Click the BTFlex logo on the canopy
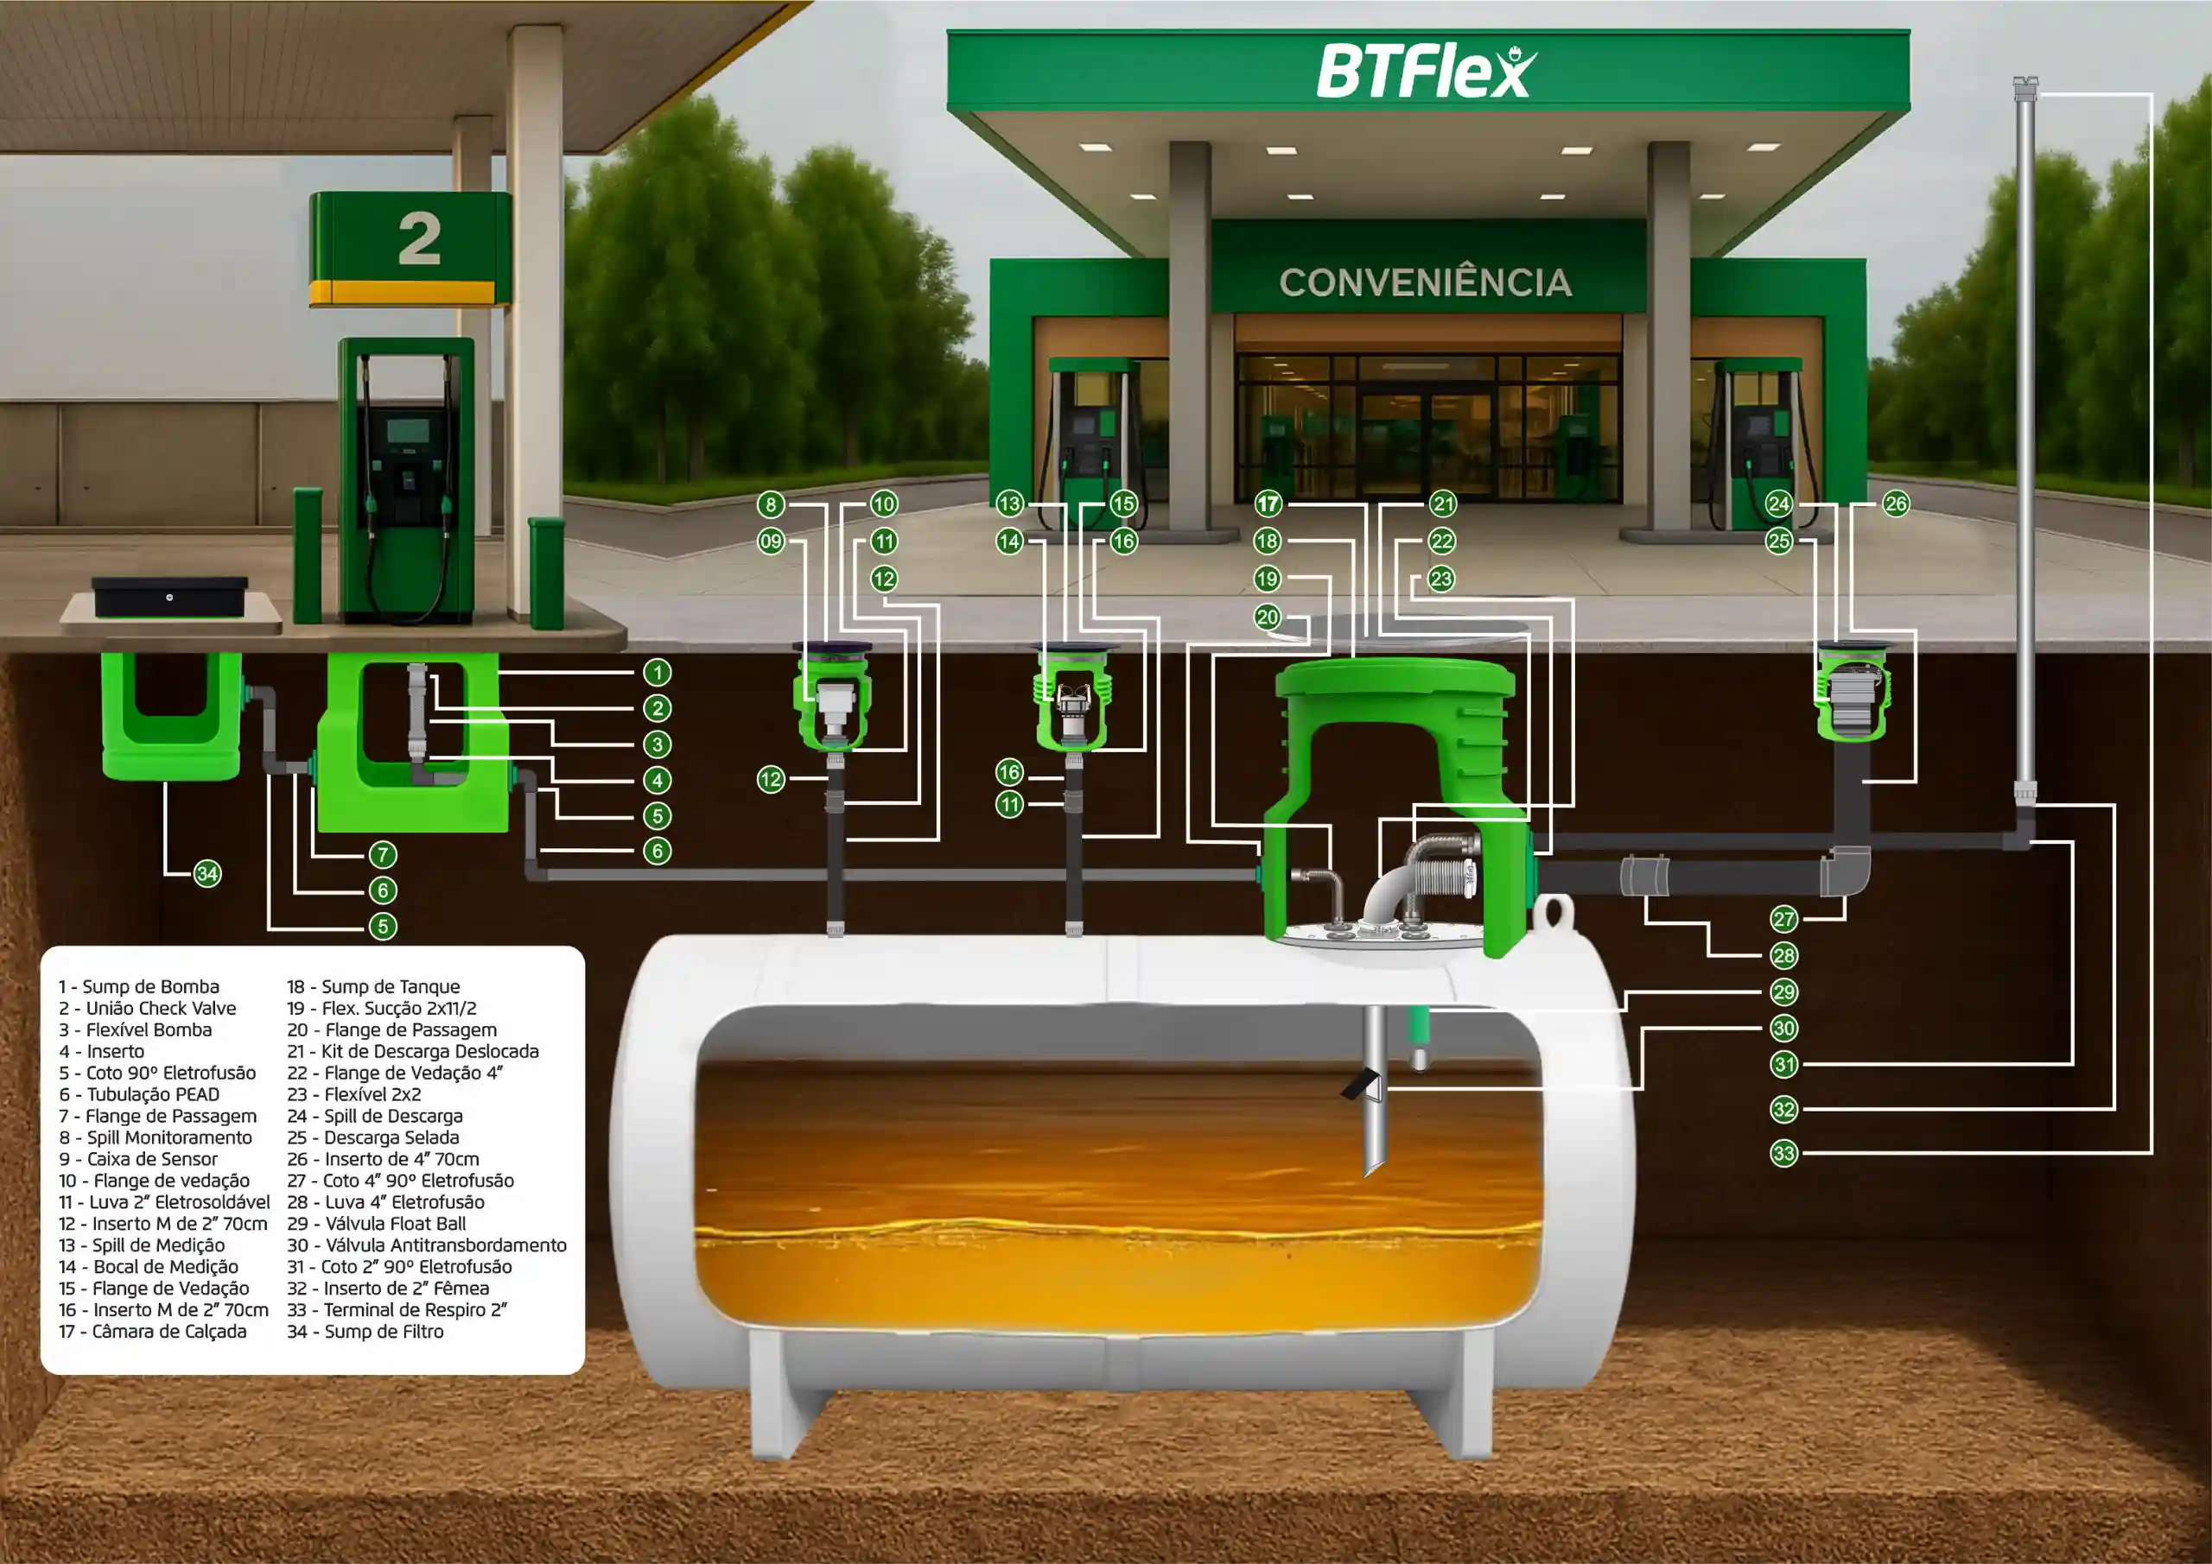click(1427, 70)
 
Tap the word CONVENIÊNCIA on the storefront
click(1425, 282)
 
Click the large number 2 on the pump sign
click(419, 239)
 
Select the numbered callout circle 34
click(207, 873)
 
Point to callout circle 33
click(1784, 1153)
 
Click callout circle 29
click(1784, 992)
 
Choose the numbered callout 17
click(1268, 503)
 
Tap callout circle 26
click(1895, 503)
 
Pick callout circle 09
click(771, 541)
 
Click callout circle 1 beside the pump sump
click(657, 672)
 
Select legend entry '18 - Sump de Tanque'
click(374, 986)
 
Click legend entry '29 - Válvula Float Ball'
click(377, 1223)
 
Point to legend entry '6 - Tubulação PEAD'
click(140, 1094)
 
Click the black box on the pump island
click(170, 596)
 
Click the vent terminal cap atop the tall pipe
click(2025, 89)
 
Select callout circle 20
click(1267, 617)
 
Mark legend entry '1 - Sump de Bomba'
click(139, 986)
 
